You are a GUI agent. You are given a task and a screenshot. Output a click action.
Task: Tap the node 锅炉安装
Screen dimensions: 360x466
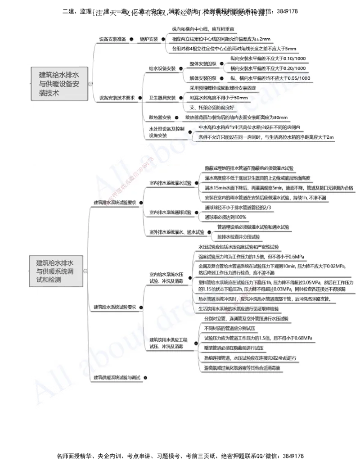click(148, 39)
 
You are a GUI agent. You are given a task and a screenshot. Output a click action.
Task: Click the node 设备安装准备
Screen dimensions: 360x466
click(112, 39)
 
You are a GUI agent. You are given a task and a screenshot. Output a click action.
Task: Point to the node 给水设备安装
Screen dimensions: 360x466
click(162, 68)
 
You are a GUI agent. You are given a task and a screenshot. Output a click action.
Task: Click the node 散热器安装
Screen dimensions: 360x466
click(160, 118)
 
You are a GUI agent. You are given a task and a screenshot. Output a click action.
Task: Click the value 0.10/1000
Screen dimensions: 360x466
click(293, 59)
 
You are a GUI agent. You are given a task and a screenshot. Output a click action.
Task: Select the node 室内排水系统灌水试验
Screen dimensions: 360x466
click(170, 183)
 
